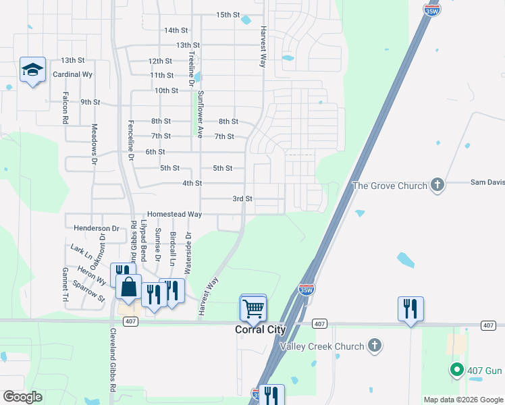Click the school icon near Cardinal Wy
tap(32, 70)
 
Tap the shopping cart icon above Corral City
tap(253, 308)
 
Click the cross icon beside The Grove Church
tap(437, 184)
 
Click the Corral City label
tap(261, 330)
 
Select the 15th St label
tap(228, 15)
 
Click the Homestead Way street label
tap(175, 214)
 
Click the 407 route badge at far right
tap(488, 325)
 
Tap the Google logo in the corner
tap(22, 397)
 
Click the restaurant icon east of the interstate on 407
tap(410, 308)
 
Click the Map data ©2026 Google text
tap(462, 400)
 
